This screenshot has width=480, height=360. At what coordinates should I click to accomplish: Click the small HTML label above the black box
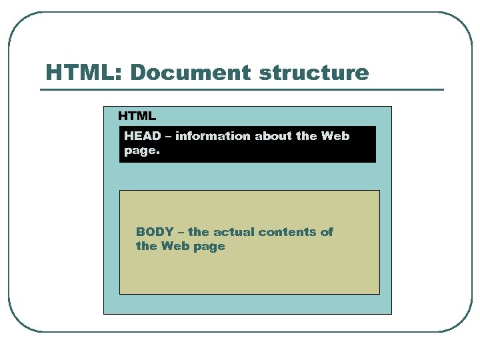click(137, 116)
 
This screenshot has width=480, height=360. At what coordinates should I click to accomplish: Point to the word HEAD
click(143, 136)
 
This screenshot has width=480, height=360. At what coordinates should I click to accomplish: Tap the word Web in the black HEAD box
click(335, 136)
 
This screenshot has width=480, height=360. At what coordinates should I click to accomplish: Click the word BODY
click(155, 232)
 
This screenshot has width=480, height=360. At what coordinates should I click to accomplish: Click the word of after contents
click(327, 232)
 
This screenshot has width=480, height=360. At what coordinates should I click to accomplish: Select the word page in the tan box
click(210, 247)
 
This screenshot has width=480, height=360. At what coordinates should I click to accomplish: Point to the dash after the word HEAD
click(168, 137)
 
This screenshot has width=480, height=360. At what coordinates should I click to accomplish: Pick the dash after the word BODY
click(181, 233)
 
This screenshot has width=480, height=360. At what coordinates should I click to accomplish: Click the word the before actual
click(199, 232)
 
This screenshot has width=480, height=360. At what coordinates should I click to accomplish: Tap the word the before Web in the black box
click(307, 136)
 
